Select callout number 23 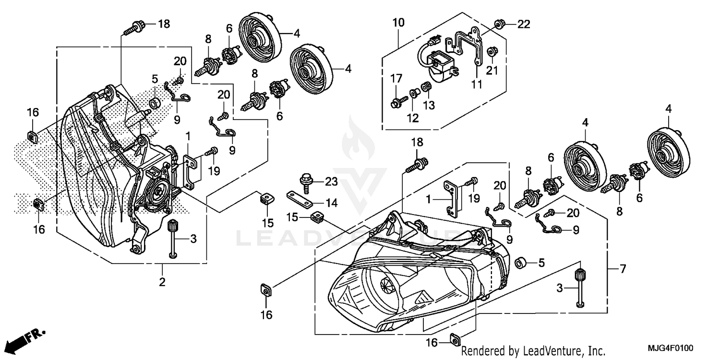pos(331,181)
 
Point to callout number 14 pos(331,203)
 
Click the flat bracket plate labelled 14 pos(299,198)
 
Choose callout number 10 pos(398,22)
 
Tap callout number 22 pos(524,24)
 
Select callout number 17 pos(396,77)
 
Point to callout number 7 pos(623,269)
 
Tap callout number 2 pos(162,282)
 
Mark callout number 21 pos(492,71)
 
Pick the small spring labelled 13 pos(425,88)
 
